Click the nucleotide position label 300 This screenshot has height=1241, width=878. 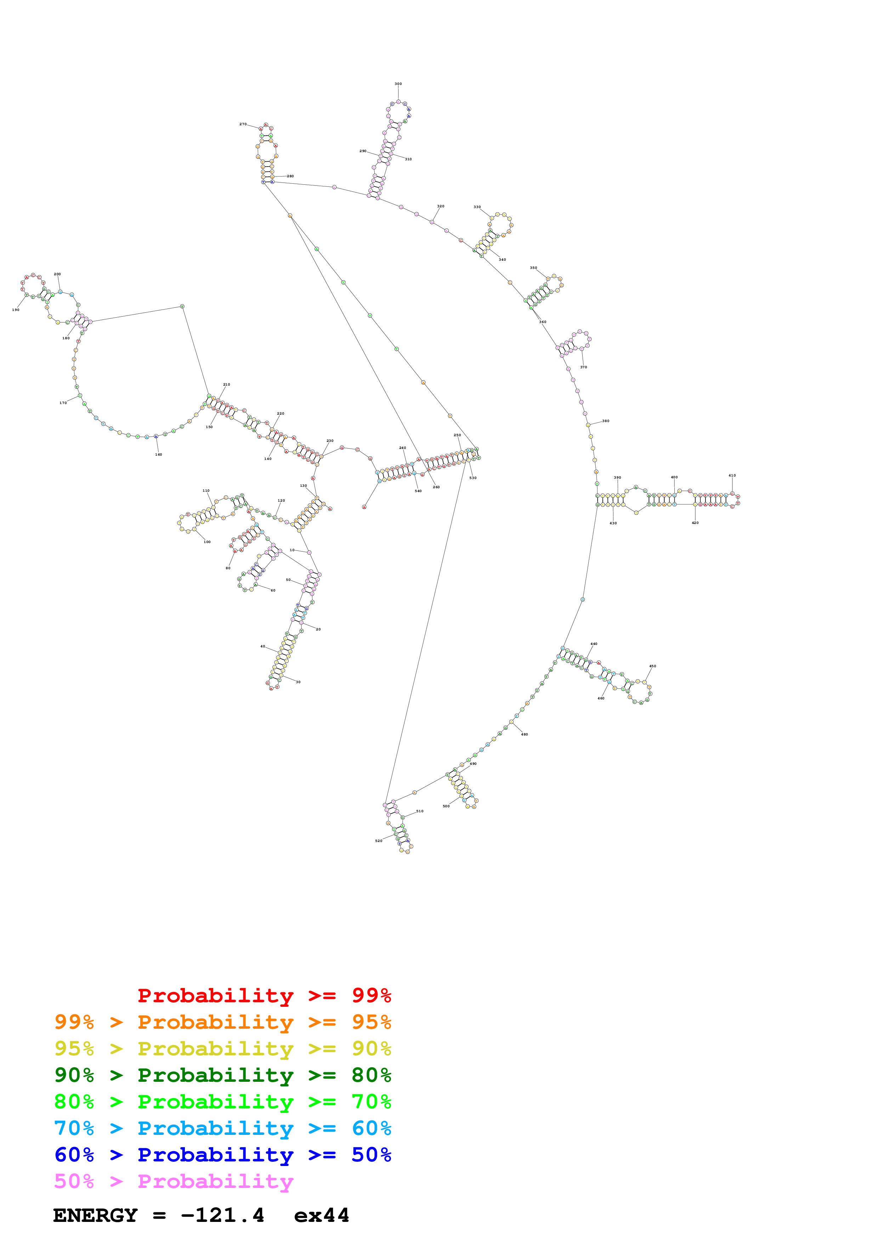[x=398, y=84]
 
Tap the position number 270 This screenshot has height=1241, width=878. [x=243, y=124]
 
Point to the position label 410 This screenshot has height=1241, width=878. [x=732, y=476]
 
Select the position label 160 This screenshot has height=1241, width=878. [x=159, y=455]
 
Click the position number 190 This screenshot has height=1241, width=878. [x=16, y=310]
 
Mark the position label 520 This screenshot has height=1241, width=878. [x=379, y=841]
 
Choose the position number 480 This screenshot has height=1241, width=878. [x=524, y=734]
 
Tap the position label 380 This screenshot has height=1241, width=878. [x=606, y=421]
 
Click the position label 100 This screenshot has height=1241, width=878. [x=207, y=542]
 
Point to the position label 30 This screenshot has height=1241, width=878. [x=298, y=682]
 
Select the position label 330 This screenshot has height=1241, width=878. [x=477, y=207]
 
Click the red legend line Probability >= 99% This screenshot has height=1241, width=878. [x=264, y=995]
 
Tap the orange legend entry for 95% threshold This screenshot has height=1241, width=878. [x=222, y=1022]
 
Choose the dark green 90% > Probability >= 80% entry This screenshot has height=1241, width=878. [x=222, y=1075]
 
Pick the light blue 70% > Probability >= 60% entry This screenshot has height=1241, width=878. [x=222, y=1128]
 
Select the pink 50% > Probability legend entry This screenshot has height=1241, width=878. [x=173, y=1181]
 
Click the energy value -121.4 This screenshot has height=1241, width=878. [x=222, y=1216]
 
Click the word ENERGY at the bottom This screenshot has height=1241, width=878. [x=95, y=1216]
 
